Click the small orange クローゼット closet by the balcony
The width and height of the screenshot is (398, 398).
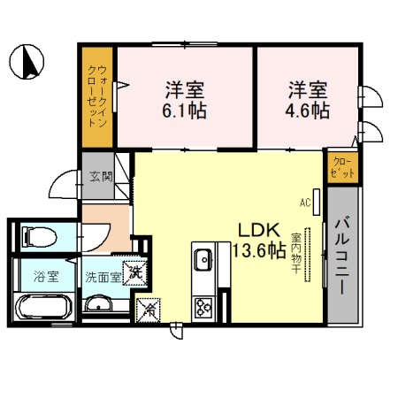click(x=341, y=167)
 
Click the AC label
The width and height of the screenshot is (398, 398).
click(x=305, y=202)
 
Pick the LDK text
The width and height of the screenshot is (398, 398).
click(x=255, y=229)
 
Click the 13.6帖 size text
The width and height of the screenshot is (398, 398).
click(x=258, y=250)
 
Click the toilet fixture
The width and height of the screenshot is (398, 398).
click(x=39, y=235)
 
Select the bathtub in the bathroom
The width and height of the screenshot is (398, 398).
click(x=42, y=308)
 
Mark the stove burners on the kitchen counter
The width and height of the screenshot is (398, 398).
click(x=203, y=307)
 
